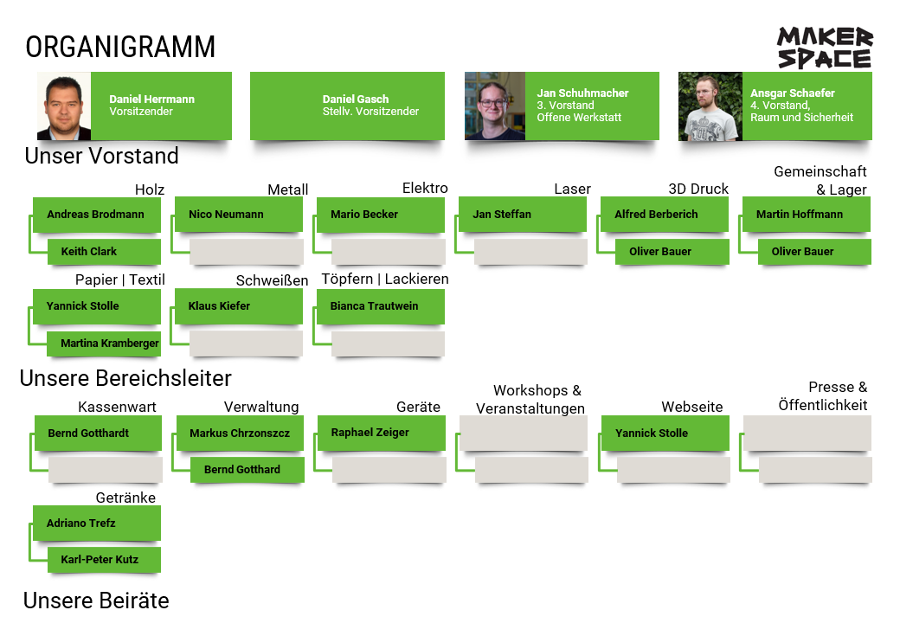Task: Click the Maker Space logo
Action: (x=824, y=48)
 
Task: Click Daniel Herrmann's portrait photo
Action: (x=64, y=106)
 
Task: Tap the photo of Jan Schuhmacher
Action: (x=495, y=106)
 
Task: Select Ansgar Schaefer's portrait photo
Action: (x=710, y=106)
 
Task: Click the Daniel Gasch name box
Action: (x=347, y=106)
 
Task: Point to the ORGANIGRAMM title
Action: (x=120, y=47)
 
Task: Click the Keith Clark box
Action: (x=104, y=252)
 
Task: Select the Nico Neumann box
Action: (x=239, y=214)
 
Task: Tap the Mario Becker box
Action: (x=381, y=214)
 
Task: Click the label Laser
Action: (x=572, y=189)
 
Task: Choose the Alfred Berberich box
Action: (x=665, y=214)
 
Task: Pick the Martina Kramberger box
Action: (x=104, y=344)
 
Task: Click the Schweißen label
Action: (x=272, y=280)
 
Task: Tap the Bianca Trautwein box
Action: (x=381, y=306)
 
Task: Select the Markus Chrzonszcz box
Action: (x=240, y=433)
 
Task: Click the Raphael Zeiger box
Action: (x=382, y=432)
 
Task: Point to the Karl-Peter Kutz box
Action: (x=104, y=560)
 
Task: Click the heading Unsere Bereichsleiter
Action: (x=125, y=378)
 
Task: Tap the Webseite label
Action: (x=691, y=407)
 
